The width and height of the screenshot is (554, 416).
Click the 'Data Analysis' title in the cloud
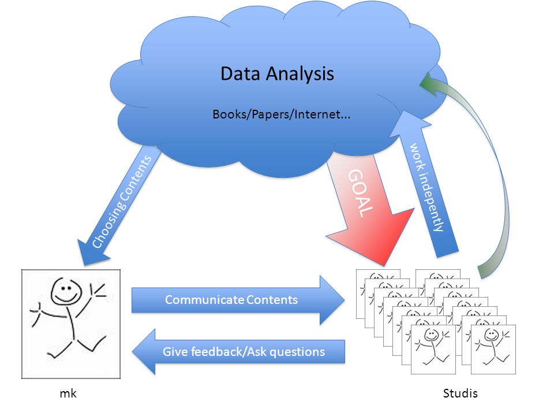[x=277, y=74]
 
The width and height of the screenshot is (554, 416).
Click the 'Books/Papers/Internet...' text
[x=281, y=114]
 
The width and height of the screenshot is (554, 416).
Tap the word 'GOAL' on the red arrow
[x=360, y=193]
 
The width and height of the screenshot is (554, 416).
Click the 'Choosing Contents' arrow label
[x=122, y=202]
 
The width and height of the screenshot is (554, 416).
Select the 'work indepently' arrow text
[x=426, y=187]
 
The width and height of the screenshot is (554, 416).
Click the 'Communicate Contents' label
[x=231, y=300]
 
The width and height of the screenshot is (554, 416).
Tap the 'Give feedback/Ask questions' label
[x=244, y=352]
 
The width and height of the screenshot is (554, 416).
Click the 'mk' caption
[x=68, y=393]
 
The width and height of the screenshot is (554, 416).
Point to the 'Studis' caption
[x=460, y=393]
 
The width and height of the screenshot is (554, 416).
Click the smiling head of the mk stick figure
[x=66, y=291]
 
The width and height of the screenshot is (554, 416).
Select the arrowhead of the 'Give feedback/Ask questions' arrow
[x=144, y=352]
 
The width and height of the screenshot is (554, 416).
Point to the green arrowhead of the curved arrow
[x=431, y=84]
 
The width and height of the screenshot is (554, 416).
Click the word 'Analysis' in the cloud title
[x=300, y=74]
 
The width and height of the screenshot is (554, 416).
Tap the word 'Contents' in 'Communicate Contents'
[x=272, y=300]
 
